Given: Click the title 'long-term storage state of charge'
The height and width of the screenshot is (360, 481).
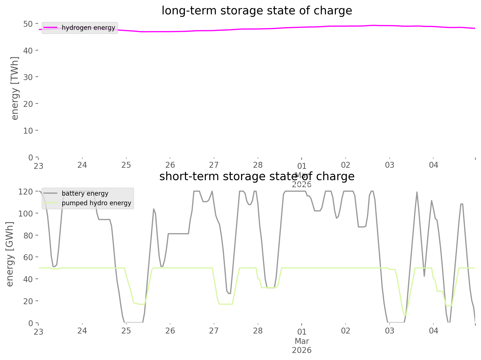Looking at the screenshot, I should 257,11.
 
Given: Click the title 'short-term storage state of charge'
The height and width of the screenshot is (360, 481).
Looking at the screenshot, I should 257,176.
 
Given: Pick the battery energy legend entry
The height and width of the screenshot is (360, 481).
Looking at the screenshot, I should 85,193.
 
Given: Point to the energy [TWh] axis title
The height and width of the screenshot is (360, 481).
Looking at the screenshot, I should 15,88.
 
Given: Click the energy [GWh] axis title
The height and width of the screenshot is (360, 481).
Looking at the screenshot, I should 10,254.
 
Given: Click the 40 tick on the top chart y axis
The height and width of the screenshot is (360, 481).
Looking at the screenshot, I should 28,50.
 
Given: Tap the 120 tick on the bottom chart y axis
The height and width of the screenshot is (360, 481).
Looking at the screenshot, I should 26,192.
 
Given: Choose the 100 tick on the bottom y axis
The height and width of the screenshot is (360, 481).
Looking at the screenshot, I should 26,213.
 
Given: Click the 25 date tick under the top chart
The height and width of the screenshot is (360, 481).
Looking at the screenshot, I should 126,165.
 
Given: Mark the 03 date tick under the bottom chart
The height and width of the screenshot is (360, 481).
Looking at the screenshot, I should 390,331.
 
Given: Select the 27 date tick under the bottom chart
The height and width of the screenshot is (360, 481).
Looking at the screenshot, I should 214,331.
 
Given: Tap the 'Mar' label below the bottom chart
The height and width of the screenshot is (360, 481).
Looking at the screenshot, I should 302,341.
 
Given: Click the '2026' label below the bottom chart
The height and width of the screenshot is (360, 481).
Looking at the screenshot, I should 302,350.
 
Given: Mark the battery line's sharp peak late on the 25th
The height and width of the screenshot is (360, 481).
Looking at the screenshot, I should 154,209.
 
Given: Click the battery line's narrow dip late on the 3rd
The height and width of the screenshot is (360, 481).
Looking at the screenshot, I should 424,276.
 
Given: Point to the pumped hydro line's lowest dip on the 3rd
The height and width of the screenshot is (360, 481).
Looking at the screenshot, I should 405,315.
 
